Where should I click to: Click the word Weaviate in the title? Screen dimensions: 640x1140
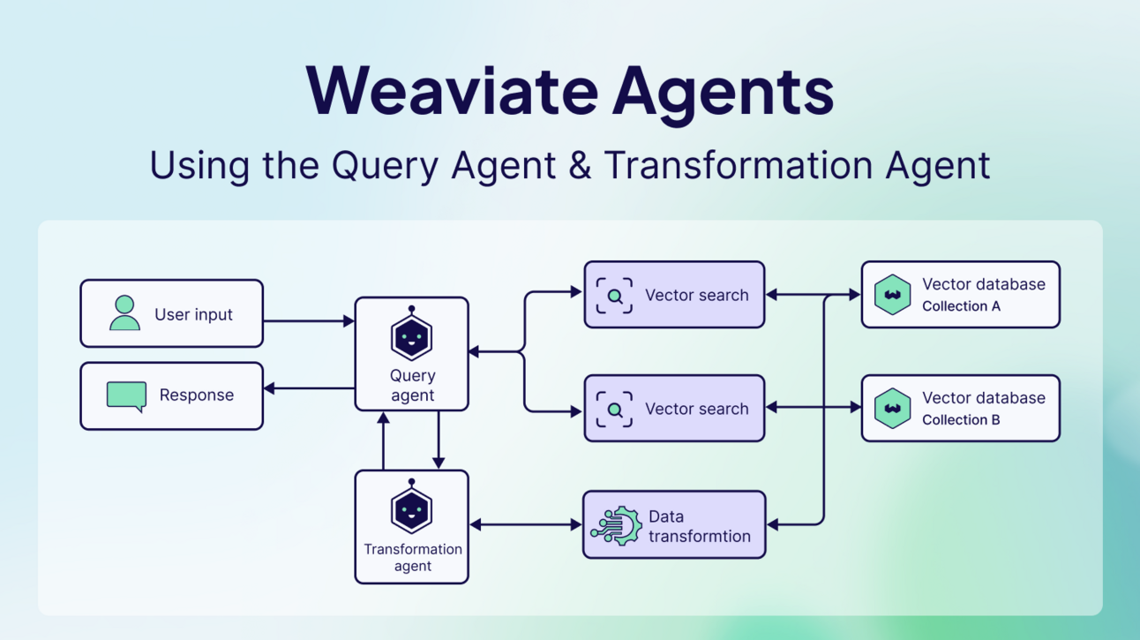[x=450, y=91]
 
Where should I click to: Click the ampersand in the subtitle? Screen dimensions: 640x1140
[x=580, y=166]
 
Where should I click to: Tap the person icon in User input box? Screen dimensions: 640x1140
[x=124, y=313]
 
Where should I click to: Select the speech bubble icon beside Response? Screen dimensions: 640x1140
[x=126, y=395]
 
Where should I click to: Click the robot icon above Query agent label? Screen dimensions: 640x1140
[x=411, y=336]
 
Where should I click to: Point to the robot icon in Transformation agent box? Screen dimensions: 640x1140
[x=411, y=509]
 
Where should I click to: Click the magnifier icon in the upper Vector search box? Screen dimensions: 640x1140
[x=614, y=296]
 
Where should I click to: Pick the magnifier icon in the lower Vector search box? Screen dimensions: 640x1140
[x=614, y=410]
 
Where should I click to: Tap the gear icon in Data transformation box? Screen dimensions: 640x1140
[x=617, y=526]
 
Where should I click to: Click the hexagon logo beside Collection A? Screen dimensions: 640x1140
[x=892, y=295]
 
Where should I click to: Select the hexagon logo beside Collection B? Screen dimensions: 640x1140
[x=892, y=409]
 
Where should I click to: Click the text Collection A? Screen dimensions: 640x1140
[x=961, y=306]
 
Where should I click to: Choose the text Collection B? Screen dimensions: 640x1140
[x=961, y=420]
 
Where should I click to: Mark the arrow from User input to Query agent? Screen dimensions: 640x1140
[x=309, y=321]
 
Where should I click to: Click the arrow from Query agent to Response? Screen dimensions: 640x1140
[x=309, y=388]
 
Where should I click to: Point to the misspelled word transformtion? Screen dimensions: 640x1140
[x=699, y=536]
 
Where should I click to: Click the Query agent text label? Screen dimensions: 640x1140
[x=412, y=386]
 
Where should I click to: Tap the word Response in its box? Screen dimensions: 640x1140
[x=196, y=395]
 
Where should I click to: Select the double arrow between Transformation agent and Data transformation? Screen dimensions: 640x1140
[x=525, y=525]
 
